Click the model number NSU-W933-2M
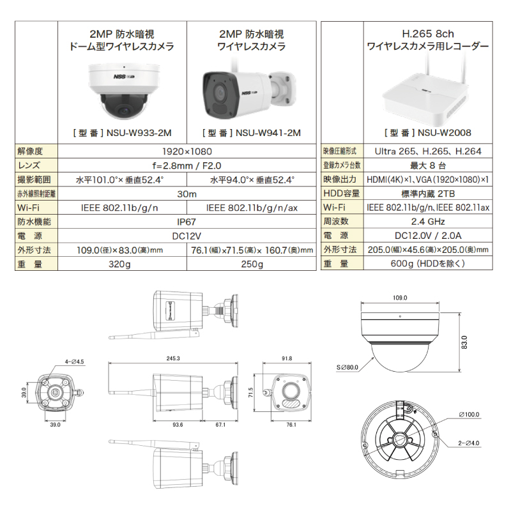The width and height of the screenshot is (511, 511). click(139, 133)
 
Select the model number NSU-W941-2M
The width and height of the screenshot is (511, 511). click(268, 133)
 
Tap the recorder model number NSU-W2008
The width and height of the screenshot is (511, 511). click(444, 133)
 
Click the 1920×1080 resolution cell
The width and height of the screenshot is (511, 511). click(187, 151)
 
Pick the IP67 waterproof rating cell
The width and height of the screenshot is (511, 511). click(187, 222)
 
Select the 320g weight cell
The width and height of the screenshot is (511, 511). click(119, 264)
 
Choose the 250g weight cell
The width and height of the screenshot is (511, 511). click(252, 264)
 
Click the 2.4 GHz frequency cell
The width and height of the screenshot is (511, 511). click(428, 222)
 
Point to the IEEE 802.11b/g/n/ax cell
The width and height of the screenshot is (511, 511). click(252, 208)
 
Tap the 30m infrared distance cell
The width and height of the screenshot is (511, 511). click(187, 194)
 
